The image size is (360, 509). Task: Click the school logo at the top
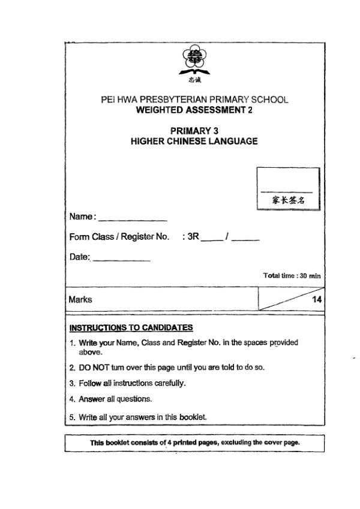[x=194, y=61]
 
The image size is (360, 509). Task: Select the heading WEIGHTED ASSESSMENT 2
[x=194, y=110]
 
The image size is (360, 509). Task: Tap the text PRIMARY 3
[x=194, y=131]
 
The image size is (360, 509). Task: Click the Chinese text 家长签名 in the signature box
[x=288, y=200]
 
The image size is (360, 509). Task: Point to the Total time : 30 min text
[x=292, y=276]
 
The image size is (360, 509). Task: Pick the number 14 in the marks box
[x=317, y=299]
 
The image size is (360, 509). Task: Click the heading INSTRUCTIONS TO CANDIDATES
[x=131, y=327]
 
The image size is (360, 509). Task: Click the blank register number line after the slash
[x=245, y=240]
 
